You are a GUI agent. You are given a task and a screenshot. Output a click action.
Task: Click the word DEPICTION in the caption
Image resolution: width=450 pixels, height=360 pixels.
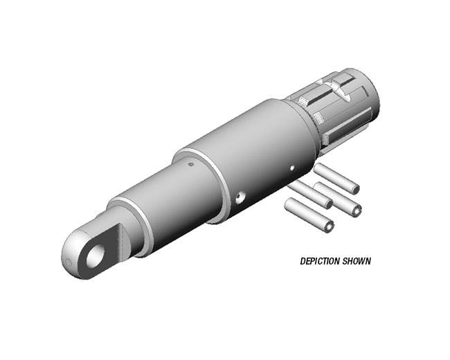[320, 261]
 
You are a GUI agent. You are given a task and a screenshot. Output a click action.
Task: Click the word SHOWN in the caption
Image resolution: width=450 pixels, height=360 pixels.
[357, 261]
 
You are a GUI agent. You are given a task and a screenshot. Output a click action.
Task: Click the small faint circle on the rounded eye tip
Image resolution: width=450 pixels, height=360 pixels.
[69, 263]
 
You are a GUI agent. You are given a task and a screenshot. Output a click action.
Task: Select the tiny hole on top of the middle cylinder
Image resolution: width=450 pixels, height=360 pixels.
[191, 165]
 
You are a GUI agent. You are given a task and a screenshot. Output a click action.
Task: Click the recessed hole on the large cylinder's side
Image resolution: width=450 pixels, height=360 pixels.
[240, 197]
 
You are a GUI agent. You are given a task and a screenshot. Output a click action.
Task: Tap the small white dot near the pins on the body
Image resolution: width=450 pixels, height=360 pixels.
[292, 168]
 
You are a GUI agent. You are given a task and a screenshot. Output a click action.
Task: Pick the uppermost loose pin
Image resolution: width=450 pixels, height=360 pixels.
[336, 179]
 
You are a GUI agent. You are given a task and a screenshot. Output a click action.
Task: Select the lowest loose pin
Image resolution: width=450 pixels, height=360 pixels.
[309, 215]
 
